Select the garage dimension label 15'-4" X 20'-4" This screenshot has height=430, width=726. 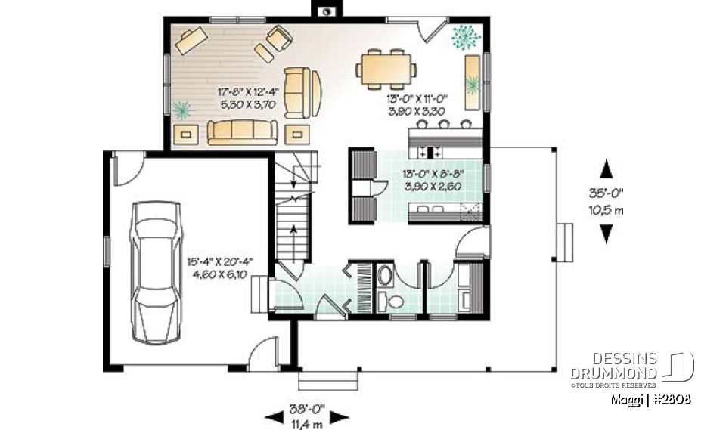coord(221,261)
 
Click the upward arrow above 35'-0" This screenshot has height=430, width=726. coord(606,168)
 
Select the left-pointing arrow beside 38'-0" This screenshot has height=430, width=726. coord(273,416)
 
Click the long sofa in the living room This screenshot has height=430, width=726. coord(242,131)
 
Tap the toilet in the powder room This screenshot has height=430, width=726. coord(392,301)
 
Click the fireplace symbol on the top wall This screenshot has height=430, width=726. coord(327,11)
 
